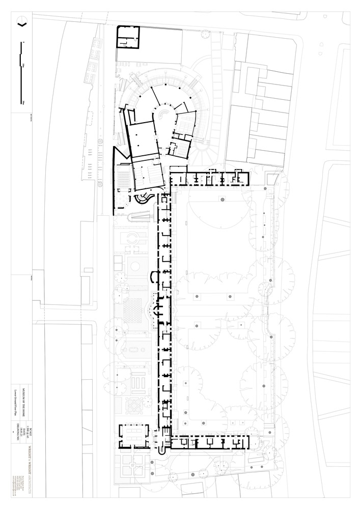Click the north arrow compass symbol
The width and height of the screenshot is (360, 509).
21,22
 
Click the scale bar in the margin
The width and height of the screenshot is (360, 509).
21,74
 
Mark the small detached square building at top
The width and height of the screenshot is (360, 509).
128,37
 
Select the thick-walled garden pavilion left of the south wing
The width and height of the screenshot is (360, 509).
134,436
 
